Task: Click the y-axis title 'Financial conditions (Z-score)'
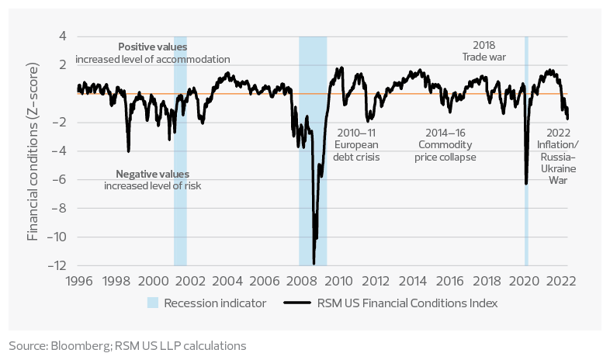(33, 151)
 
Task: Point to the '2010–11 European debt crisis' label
(356, 144)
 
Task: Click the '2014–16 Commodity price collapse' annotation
(447, 144)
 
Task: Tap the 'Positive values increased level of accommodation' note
(152, 53)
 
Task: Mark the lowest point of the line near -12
(314, 263)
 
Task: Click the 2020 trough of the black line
(526, 183)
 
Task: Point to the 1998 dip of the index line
(128, 151)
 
